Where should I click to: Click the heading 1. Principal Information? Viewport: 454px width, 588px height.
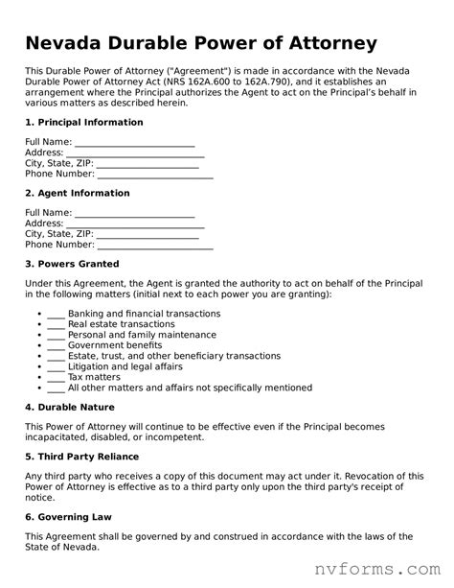(83, 123)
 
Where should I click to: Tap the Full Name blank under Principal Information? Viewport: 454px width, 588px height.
(134, 142)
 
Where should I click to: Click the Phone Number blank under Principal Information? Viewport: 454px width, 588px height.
(155, 175)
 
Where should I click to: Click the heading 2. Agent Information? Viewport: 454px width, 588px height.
(77, 193)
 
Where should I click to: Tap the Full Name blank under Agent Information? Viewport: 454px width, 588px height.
(134, 213)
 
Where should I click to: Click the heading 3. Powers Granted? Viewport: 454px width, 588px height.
(72, 264)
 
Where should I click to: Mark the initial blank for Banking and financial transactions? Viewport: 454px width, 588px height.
(56, 315)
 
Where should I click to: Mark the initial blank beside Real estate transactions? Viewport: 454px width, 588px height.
(56, 325)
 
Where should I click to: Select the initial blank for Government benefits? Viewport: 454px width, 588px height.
(56, 345)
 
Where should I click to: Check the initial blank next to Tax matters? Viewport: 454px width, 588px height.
(56, 377)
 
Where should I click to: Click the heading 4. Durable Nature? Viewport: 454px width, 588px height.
(71, 407)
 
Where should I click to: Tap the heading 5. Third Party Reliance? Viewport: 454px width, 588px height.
(81, 457)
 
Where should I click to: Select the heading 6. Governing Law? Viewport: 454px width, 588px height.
(68, 516)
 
